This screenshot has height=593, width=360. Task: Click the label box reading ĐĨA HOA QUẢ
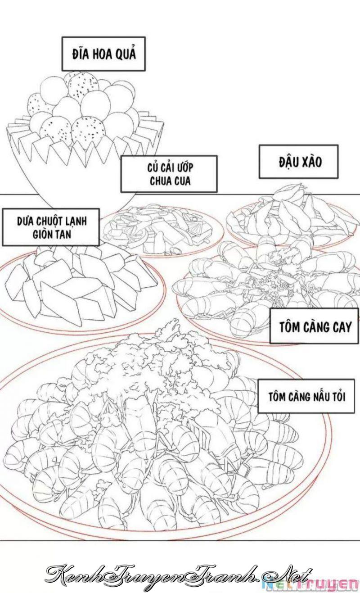tap(103, 54)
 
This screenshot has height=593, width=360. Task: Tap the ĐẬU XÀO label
tap(298, 162)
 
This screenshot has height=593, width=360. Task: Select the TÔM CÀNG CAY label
tap(314, 326)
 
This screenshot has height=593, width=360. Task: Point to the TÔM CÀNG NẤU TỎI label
tap(306, 396)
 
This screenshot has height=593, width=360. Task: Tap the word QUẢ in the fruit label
tap(126, 54)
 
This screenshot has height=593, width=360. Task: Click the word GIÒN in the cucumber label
tap(42, 234)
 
